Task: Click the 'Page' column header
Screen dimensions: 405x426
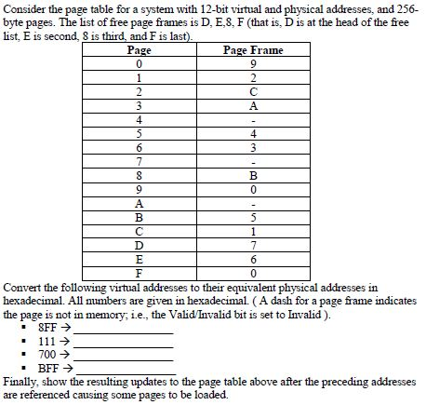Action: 139,49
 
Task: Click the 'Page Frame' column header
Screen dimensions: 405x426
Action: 253,49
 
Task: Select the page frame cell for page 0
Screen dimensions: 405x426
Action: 253,63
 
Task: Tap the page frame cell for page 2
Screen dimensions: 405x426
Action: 253,91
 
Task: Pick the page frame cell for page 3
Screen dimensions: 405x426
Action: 253,105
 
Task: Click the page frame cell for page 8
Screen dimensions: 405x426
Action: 253,174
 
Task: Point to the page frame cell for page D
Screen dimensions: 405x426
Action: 253,244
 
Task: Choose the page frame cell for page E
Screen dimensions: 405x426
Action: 253,258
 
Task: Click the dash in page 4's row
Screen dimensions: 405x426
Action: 253,119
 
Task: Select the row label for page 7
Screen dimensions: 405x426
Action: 139,160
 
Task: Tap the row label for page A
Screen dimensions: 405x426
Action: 139,202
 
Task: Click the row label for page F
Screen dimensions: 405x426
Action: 139,272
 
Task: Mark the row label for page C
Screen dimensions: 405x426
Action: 139,230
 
